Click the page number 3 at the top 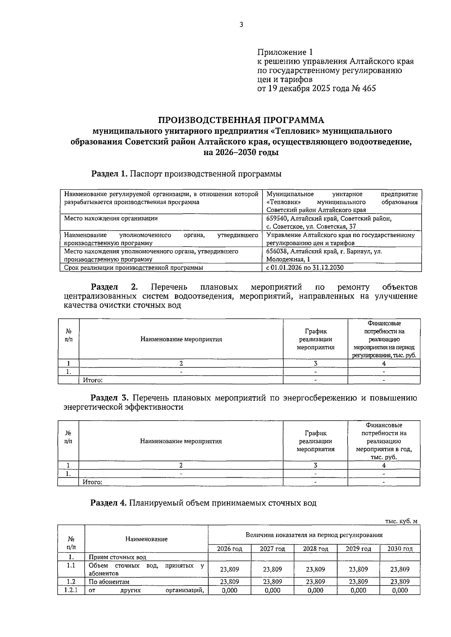(x=241, y=25)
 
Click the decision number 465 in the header (x=369, y=89)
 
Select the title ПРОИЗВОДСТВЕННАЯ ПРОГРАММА (x=241, y=120)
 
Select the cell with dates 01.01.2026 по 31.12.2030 (x=305, y=268)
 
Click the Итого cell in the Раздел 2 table (x=93, y=380)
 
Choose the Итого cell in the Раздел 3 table (x=93, y=482)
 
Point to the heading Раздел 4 (x=109, y=503)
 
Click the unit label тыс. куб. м (x=401, y=521)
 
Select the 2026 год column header (x=230, y=549)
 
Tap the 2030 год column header (x=400, y=549)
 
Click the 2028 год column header (x=315, y=549)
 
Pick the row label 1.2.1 (x=71, y=590)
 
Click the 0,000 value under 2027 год (x=272, y=590)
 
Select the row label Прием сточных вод (x=117, y=557)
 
